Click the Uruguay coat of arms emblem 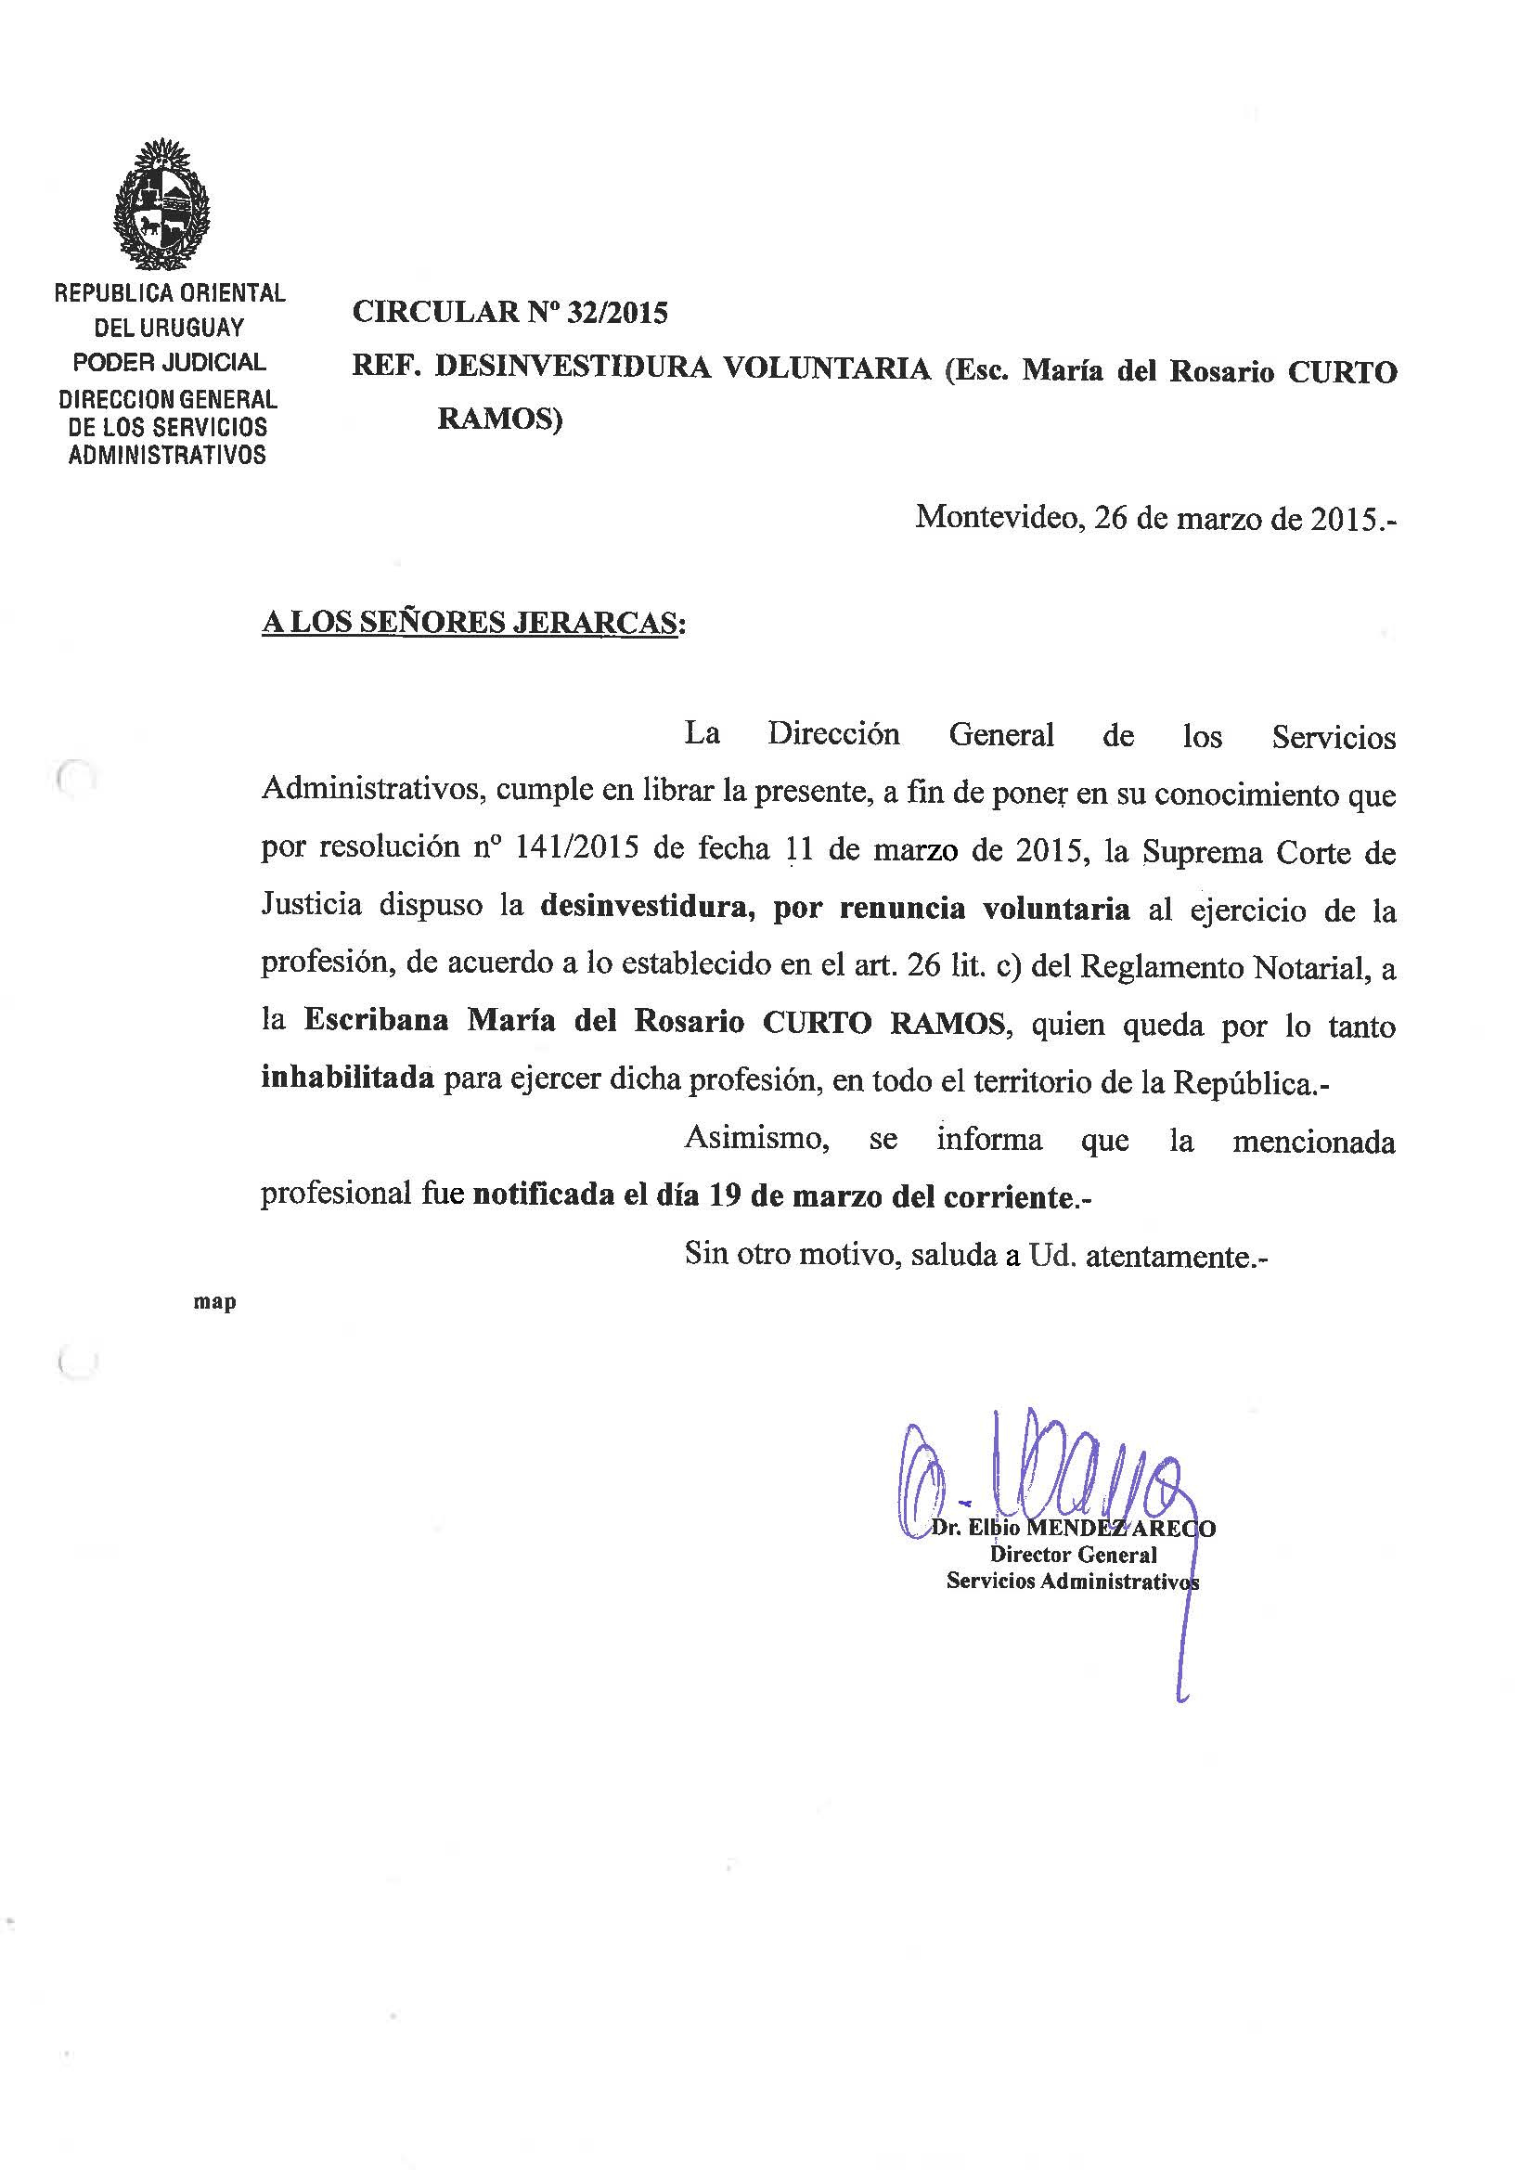pos(161,204)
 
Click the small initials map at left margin pos(214,1302)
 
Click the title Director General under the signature pos(1073,1555)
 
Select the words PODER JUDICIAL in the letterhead pos(169,362)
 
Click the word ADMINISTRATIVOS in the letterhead pos(167,456)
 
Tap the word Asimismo pos(756,1139)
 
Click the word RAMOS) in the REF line pos(499,418)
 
